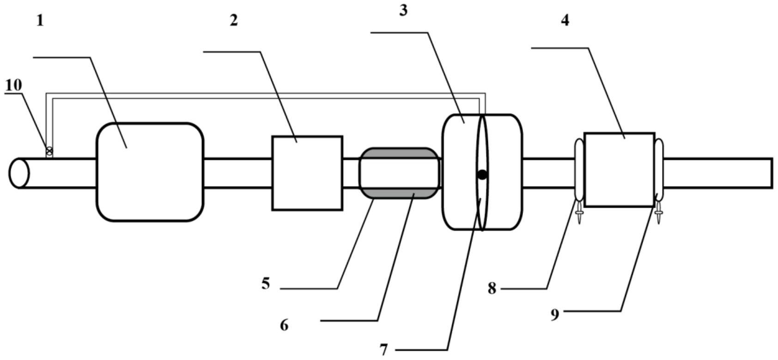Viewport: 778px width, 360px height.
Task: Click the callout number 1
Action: click(40, 21)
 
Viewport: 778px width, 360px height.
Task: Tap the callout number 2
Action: click(234, 20)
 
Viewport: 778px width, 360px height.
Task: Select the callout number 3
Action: click(403, 11)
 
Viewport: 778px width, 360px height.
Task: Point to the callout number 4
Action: click(565, 20)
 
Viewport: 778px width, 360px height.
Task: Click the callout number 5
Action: click(265, 283)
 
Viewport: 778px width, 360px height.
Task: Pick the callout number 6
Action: click(284, 325)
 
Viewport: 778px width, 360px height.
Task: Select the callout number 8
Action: click(492, 289)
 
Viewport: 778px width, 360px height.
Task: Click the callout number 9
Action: click(555, 315)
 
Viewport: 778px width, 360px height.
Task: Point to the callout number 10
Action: click(13, 85)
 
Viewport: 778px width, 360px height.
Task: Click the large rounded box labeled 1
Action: click(150, 172)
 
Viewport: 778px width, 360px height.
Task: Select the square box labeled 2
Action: click(307, 173)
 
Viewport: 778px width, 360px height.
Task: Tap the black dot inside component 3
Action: click(482, 175)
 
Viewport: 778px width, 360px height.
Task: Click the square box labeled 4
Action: click(619, 170)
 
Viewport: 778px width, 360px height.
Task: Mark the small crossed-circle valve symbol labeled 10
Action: click(49, 151)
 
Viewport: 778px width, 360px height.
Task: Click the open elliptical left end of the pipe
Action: click(19, 173)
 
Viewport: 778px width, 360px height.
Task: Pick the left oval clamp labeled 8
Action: click(579, 170)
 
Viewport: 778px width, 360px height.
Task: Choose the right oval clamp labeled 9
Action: click(659, 170)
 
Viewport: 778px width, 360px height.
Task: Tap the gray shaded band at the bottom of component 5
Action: click(400, 193)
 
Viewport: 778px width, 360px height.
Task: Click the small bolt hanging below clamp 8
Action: click(579, 215)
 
